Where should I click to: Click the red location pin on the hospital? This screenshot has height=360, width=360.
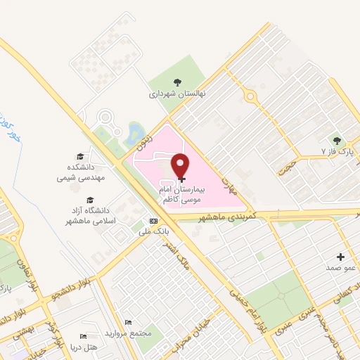(x=182, y=166)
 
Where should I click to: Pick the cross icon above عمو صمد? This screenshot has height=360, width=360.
(x=341, y=257)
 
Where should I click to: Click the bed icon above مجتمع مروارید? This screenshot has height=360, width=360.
(x=127, y=321)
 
